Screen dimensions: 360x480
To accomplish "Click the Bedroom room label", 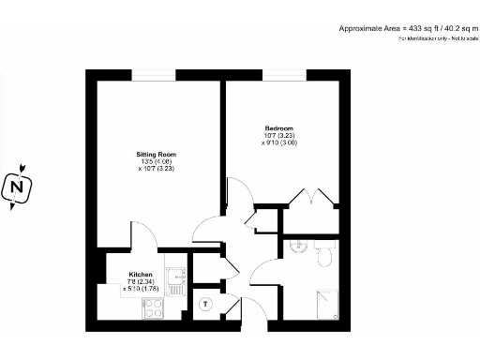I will pyautogui.click(x=278, y=128).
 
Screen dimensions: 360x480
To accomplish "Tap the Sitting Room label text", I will pyautogui.click(x=155, y=155).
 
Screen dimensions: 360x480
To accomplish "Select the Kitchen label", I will pyautogui.click(x=140, y=275).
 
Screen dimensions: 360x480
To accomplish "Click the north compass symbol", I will pyautogui.click(x=17, y=187).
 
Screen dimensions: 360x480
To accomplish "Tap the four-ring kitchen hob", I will pyautogui.click(x=153, y=307).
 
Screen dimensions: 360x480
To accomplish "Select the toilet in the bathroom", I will pyautogui.click(x=325, y=256).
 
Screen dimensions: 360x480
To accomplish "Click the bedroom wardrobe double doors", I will pyautogui.click(x=312, y=200).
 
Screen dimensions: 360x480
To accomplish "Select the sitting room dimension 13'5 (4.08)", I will pyautogui.click(x=155, y=162).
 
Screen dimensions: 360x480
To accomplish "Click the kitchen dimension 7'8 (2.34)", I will pyautogui.click(x=140, y=282).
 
